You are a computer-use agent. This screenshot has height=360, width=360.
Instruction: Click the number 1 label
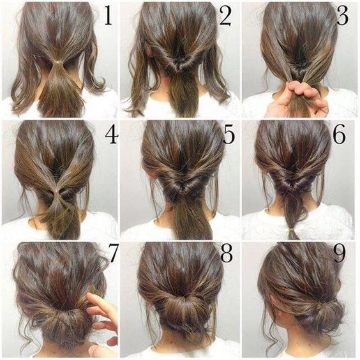point(108,17)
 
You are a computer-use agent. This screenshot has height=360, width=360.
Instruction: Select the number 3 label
point(343,17)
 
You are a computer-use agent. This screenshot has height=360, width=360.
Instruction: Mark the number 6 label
point(340,135)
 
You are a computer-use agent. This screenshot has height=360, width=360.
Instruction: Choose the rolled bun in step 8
point(181,313)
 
